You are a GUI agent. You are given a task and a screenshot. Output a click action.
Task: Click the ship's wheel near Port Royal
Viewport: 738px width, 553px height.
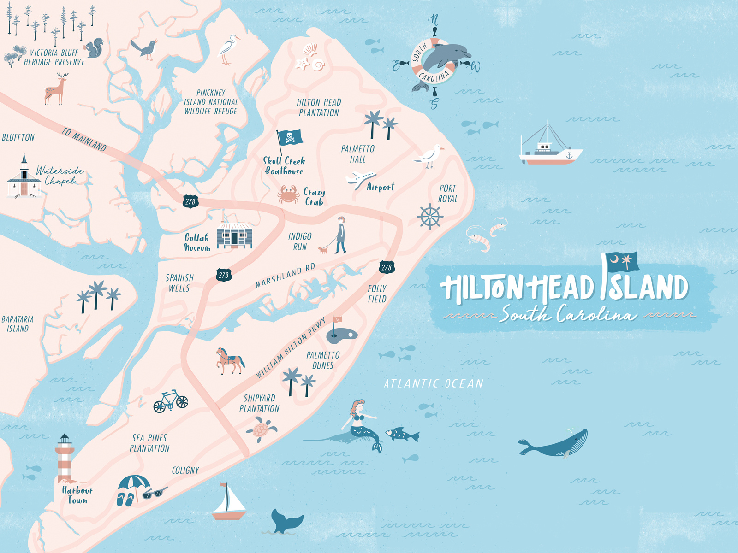(x=429, y=216)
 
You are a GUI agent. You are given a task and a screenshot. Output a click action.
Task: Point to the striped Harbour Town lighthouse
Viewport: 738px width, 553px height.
(x=65, y=459)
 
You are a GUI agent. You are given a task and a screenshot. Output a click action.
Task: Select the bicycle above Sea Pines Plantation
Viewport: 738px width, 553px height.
(x=171, y=401)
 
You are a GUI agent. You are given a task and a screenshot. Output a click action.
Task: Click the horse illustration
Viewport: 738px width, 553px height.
(x=229, y=360)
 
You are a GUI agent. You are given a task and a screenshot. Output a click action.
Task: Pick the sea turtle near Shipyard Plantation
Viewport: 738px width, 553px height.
(x=261, y=430)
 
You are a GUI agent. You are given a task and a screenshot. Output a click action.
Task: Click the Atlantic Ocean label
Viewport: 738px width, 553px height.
(x=434, y=383)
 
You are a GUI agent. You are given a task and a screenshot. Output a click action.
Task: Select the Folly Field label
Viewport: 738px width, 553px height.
(x=377, y=294)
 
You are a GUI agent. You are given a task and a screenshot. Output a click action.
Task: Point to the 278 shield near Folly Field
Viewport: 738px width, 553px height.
(x=387, y=267)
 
